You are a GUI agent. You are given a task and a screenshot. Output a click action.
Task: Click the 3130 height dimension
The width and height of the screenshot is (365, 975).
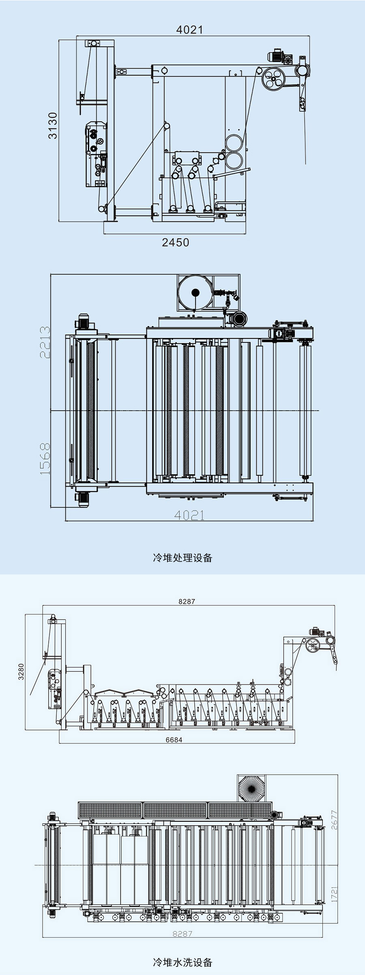click(x=53, y=126)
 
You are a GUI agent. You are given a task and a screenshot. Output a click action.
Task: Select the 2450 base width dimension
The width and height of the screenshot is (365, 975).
click(x=175, y=242)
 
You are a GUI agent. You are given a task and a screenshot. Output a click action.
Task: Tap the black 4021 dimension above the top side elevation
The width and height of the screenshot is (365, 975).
click(x=189, y=30)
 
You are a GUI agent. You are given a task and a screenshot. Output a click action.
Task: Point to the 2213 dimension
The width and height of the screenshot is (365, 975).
click(x=45, y=342)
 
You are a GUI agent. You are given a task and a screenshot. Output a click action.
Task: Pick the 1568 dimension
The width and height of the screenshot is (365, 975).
click(x=45, y=459)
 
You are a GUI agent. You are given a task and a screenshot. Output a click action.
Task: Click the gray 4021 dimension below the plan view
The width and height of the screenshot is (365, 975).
click(x=189, y=515)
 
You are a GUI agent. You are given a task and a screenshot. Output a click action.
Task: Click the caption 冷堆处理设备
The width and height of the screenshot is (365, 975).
click(x=182, y=558)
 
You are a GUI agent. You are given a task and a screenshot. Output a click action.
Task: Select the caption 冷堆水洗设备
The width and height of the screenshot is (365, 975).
click(x=182, y=962)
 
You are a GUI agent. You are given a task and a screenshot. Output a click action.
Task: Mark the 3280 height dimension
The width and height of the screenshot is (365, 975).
click(x=21, y=672)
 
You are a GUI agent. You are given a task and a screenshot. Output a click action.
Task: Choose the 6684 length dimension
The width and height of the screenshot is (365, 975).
click(x=174, y=740)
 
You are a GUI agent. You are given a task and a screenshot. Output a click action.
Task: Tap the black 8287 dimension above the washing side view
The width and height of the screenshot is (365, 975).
click(x=187, y=601)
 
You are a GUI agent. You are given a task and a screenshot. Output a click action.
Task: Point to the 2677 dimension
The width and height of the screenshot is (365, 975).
click(x=334, y=820)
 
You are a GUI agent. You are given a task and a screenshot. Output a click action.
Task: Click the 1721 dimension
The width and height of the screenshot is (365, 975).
click(x=334, y=894)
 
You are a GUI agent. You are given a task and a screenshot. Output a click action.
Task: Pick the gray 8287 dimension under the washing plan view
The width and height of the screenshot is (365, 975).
click(x=182, y=934)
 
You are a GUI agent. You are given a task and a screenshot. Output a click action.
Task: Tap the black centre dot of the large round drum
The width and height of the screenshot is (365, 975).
click(x=195, y=292)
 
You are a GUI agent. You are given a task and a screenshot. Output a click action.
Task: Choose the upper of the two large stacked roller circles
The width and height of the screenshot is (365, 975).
click(x=234, y=143)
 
